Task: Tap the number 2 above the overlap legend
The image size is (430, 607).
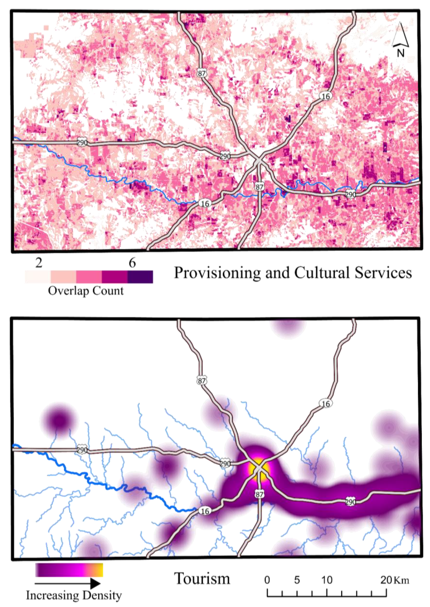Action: [x=39, y=263]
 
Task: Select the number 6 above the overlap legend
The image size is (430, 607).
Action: [x=132, y=263]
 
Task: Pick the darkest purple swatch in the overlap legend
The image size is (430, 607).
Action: [x=140, y=277]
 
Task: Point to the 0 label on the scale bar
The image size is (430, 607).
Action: [x=267, y=580]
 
